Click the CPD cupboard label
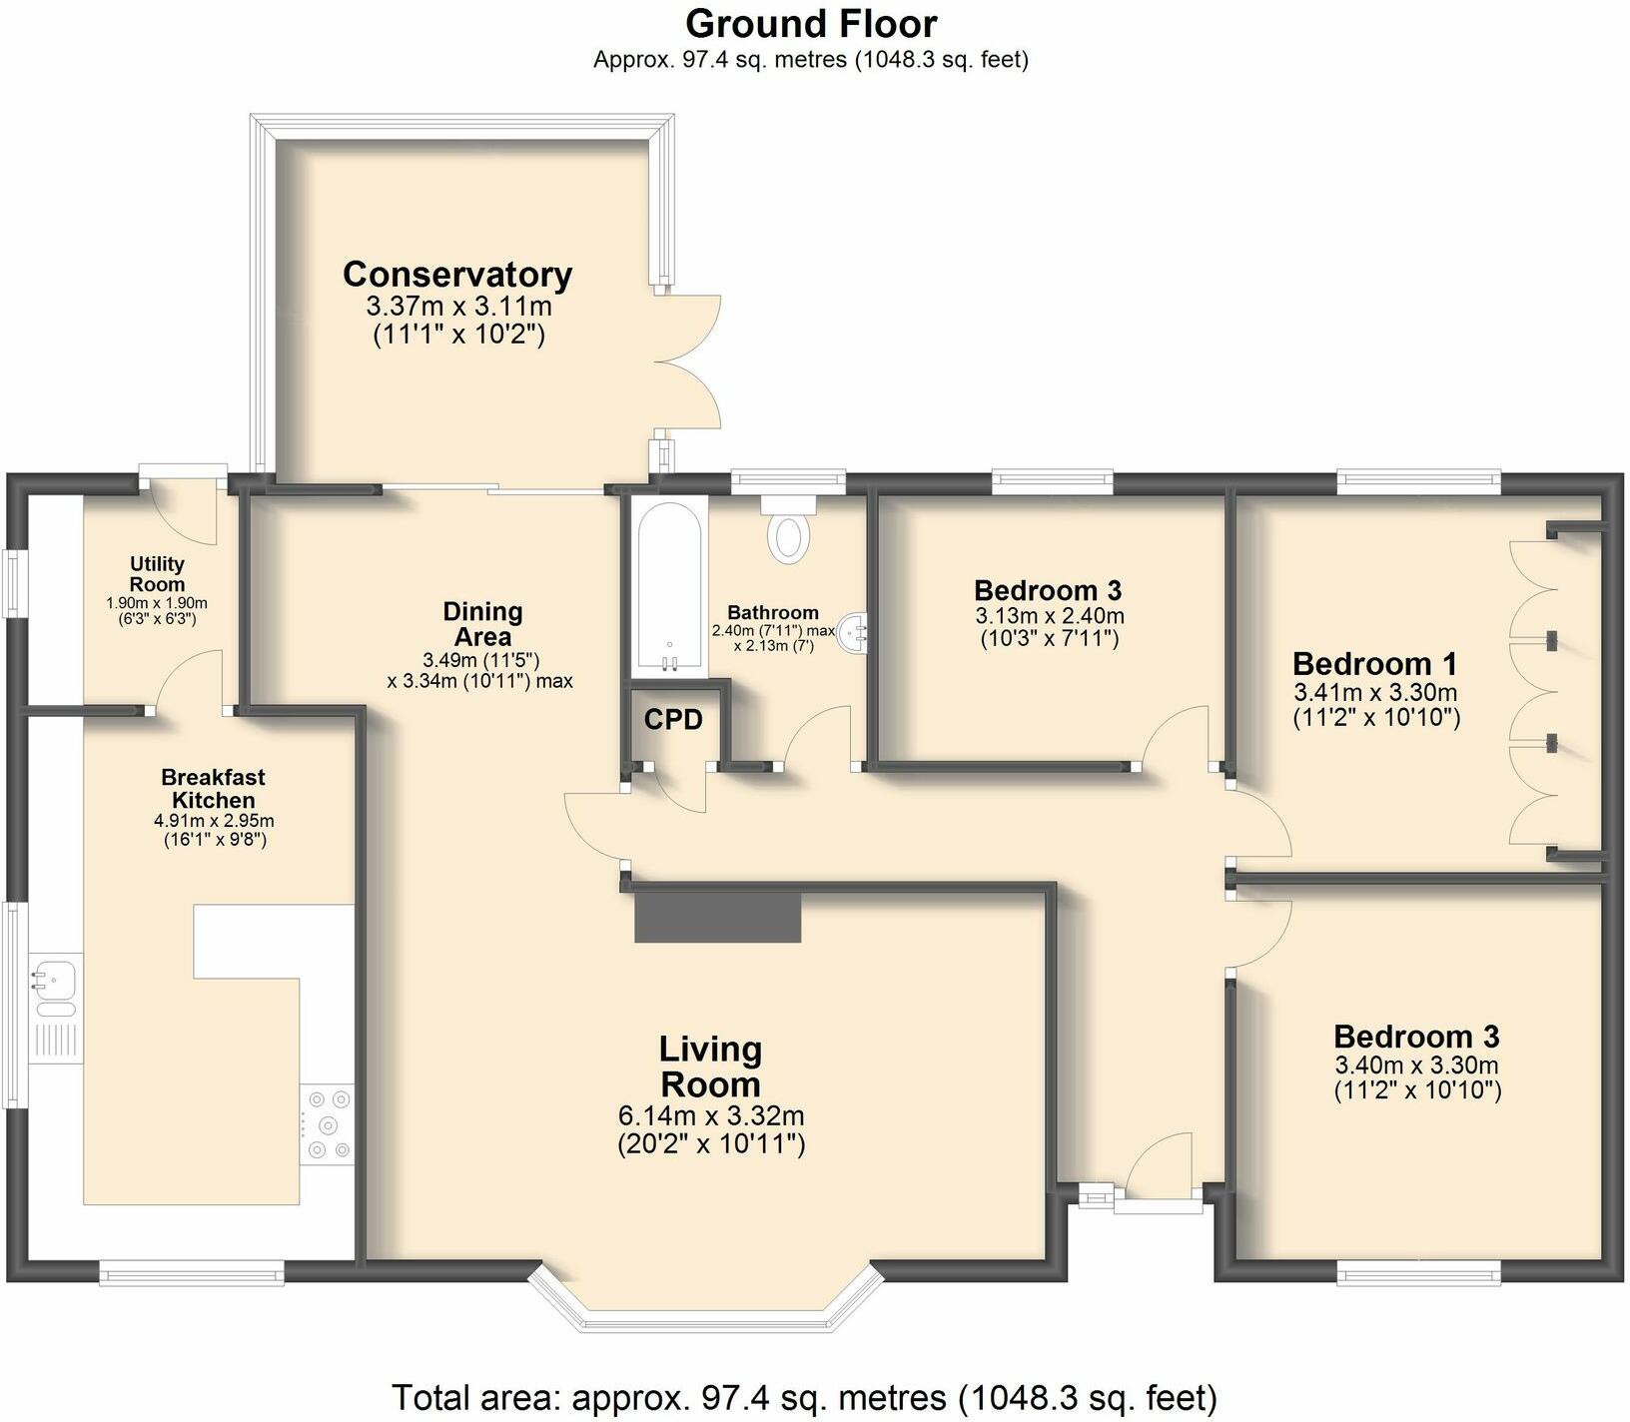pyautogui.click(x=673, y=719)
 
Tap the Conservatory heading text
pyautogui.click(x=457, y=274)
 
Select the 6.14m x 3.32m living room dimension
pyautogui.click(x=711, y=1115)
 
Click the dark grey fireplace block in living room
pyautogui.click(x=718, y=917)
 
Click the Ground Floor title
pyautogui.click(x=811, y=23)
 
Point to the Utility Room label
pyautogui.click(x=157, y=574)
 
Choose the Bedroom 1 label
pyautogui.click(x=1374, y=663)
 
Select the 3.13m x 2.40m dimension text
pyautogui.click(x=1049, y=615)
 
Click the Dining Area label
pyautogui.click(x=482, y=623)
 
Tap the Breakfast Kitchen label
pyautogui.click(x=213, y=788)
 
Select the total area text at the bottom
pyautogui.click(x=804, y=1396)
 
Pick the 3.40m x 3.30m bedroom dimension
pyautogui.click(x=1416, y=1065)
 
